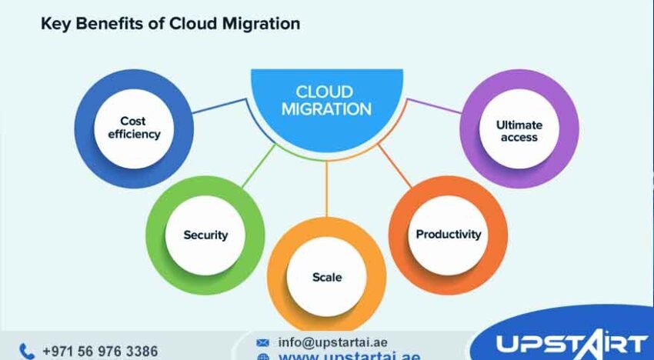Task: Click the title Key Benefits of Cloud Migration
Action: pos(169,24)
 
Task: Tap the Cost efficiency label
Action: pos(133,128)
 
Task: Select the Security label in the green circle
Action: pos(205,235)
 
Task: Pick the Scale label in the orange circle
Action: pos(327,277)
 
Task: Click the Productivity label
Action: pos(448,234)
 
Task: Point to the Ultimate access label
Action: pos(519,131)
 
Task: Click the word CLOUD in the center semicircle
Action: pos(326,92)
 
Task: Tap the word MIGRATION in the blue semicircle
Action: pos(326,109)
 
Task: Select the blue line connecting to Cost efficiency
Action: pos(220,109)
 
